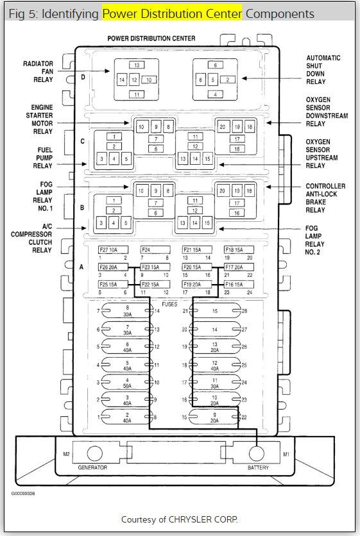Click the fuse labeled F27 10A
114,249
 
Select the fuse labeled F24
155,249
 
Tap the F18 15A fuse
239,249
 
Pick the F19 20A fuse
197,284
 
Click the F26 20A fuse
114,267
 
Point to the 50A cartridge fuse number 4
127,383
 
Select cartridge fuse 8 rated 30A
127,311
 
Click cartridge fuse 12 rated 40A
215,365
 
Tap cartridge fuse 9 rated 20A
215,417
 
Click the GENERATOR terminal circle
95,453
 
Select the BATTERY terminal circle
256,453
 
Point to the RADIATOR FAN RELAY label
38,71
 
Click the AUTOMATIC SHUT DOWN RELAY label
323,70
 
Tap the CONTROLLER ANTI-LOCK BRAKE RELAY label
325,198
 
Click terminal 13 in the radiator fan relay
137,65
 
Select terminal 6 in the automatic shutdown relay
215,65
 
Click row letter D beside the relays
83,77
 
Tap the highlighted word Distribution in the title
172,13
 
